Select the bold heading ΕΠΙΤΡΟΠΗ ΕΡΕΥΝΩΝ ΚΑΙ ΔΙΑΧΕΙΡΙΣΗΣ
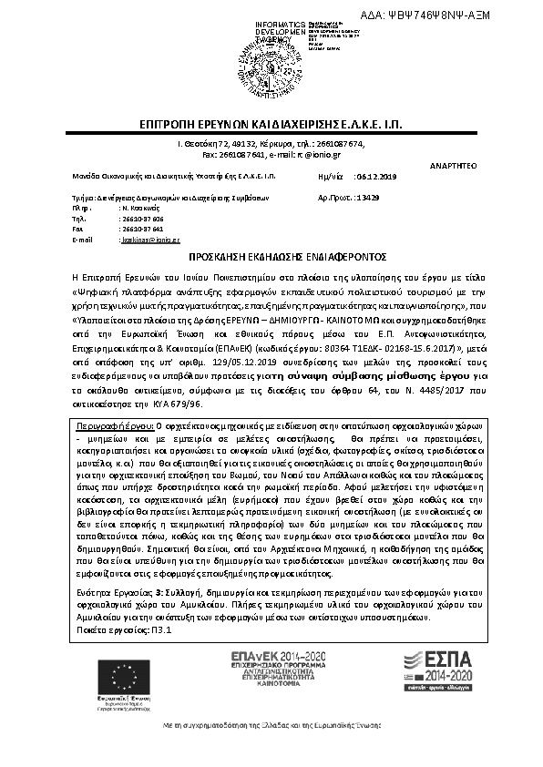[270, 124]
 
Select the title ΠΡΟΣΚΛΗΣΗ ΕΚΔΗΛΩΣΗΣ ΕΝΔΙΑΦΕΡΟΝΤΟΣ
[271, 258]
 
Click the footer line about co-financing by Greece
[271, 749]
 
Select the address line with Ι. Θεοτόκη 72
[271, 144]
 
